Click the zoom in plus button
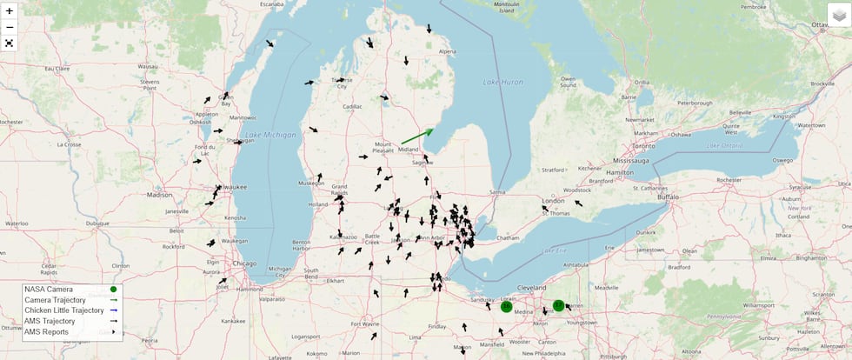[10, 11]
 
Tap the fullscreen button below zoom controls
[10, 43]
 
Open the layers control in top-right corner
[838, 15]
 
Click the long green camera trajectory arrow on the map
[417, 137]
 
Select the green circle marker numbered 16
[506, 306]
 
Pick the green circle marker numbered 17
[558, 306]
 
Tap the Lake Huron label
[503, 82]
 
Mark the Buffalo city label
[668, 197]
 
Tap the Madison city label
[160, 195]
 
